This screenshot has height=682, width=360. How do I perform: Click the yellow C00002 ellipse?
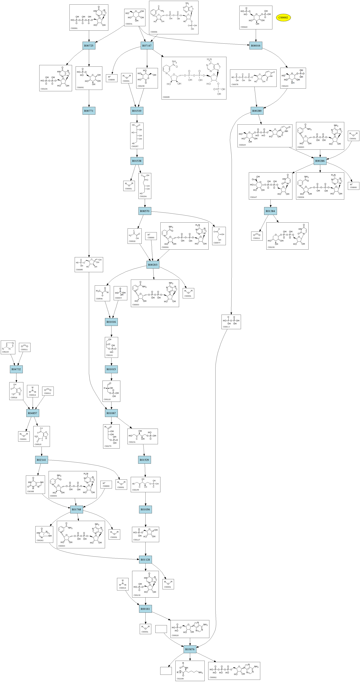tap(283, 18)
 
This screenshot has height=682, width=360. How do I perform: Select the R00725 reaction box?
tap(89, 45)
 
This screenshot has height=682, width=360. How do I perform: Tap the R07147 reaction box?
tap(147, 45)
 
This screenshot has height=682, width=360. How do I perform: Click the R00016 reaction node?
tap(255, 45)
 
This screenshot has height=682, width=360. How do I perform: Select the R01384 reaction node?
tap(270, 211)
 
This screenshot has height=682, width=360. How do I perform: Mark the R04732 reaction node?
tap(16, 369)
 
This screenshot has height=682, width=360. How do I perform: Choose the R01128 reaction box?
tap(145, 560)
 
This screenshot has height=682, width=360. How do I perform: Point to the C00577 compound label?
tap(217, 243)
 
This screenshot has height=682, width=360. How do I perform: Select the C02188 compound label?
tap(180, 679)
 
